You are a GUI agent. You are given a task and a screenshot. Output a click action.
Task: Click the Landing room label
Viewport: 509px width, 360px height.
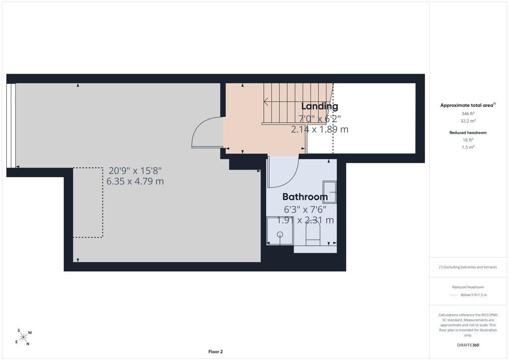[320, 106]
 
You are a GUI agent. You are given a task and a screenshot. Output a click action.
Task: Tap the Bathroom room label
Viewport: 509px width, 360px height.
[305, 197]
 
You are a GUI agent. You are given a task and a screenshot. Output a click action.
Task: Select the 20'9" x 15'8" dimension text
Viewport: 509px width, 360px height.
[135, 171]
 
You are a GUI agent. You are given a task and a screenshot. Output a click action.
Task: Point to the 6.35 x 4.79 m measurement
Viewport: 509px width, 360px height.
[135, 181]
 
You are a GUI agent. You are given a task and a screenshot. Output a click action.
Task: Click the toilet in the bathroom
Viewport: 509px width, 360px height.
[313, 234]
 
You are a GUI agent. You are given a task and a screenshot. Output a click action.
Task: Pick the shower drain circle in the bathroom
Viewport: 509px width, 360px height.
[280, 234]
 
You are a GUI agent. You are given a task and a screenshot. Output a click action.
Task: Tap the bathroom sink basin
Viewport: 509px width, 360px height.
[329, 192]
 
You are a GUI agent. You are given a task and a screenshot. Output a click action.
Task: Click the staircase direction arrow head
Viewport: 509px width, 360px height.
[265, 102]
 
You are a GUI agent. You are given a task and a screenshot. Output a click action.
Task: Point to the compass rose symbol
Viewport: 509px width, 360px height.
[23, 337]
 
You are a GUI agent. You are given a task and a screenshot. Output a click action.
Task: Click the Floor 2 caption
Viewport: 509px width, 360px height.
[216, 352]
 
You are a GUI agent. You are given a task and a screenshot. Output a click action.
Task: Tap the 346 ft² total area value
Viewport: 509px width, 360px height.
[468, 113]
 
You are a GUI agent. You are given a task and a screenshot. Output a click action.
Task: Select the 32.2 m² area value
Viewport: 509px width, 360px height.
[468, 121]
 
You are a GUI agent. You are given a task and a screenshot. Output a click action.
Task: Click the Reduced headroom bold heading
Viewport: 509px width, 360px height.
[468, 132]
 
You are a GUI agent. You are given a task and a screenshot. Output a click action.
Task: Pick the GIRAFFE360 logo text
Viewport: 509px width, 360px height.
[468, 345]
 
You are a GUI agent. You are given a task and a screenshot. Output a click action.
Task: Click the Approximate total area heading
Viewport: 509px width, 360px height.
[468, 105]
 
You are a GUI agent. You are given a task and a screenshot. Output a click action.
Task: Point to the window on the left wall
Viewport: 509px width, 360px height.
[11, 125]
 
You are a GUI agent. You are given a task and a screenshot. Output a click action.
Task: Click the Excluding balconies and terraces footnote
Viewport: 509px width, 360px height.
[468, 267]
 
